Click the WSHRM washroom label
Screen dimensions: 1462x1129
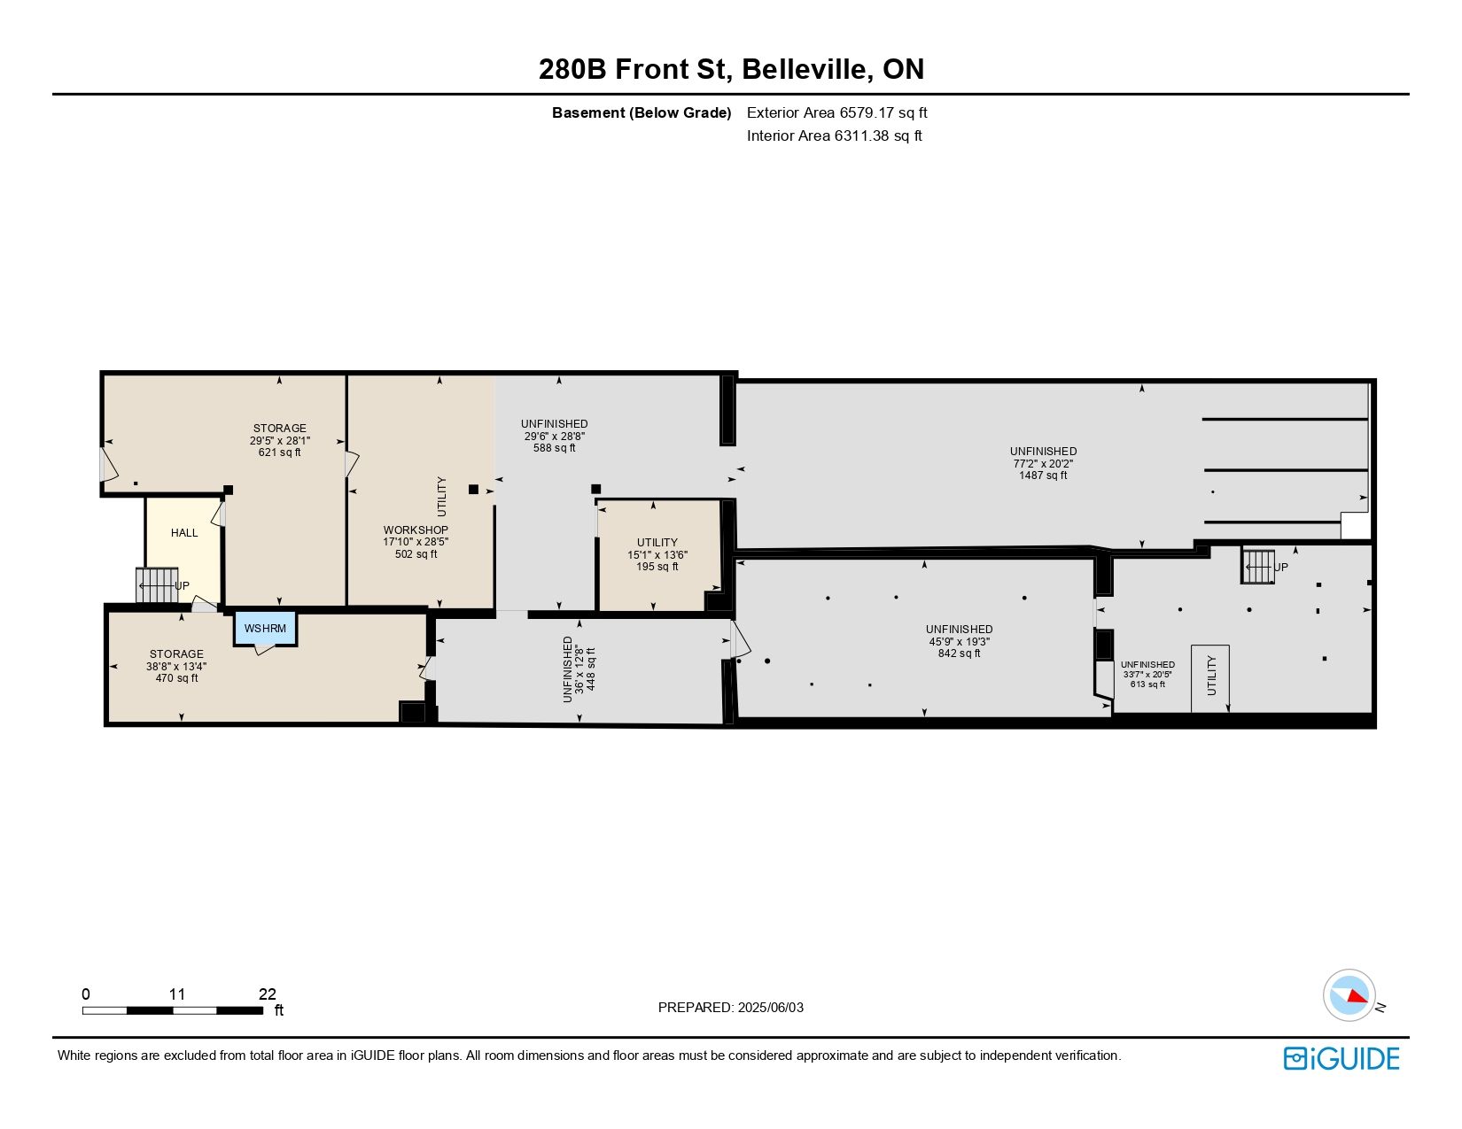pos(265,628)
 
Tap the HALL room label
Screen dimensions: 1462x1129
pos(184,532)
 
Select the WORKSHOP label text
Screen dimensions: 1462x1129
pos(416,530)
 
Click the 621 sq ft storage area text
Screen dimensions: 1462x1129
pos(280,452)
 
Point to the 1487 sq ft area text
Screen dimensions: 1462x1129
pos(1043,476)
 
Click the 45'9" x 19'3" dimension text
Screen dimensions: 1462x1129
pos(960,641)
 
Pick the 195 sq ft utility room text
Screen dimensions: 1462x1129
pos(657,567)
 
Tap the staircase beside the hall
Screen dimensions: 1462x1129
pos(158,585)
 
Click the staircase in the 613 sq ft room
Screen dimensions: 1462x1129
pos(1258,566)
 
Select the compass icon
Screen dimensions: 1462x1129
pos(1349,995)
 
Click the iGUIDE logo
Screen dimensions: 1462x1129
pos(1341,1058)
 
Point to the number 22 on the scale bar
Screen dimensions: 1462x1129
pos(268,994)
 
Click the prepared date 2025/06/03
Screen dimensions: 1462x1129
pos(770,1008)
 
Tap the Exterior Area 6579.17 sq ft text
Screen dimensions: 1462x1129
pos(837,113)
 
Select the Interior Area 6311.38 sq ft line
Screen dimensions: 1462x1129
pos(835,135)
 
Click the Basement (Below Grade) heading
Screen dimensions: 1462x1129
pos(642,113)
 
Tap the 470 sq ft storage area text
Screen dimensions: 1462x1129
pos(176,678)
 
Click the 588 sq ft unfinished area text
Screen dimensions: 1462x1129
pos(555,448)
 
